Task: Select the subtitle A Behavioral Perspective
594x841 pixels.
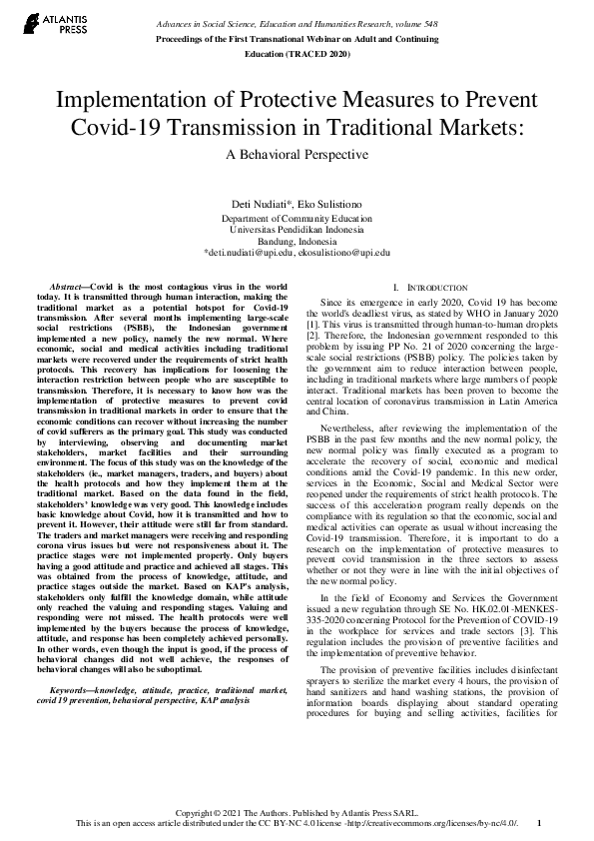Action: point(297,154)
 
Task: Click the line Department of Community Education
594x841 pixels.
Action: point(297,217)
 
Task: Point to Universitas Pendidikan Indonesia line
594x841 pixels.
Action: point(297,229)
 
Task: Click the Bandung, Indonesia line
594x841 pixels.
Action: point(297,241)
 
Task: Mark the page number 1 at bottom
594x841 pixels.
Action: point(538,824)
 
